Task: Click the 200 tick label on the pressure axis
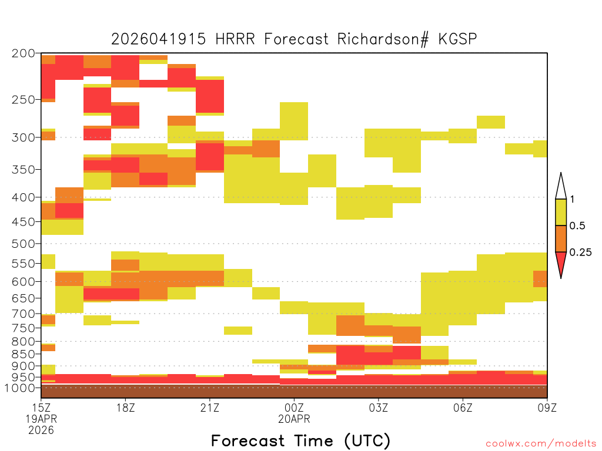(x=23, y=53)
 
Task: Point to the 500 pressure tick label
(x=23, y=244)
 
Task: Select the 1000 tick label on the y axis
(x=20, y=388)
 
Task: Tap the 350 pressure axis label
(x=23, y=169)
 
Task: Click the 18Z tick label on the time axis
(x=126, y=408)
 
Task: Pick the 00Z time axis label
(x=294, y=408)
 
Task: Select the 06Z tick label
(x=463, y=408)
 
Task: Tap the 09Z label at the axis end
(x=547, y=408)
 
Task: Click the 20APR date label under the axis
(x=294, y=419)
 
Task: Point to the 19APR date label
(x=41, y=419)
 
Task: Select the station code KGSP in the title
(x=457, y=39)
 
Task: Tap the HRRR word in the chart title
(x=235, y=39)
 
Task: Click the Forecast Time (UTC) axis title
(x=300, y=441)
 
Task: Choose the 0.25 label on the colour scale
(x=580, y=253)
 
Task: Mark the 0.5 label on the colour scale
(x=577, y=226)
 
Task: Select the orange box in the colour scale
(x=561, y=238)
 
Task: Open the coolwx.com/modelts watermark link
(x=541, y=444)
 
